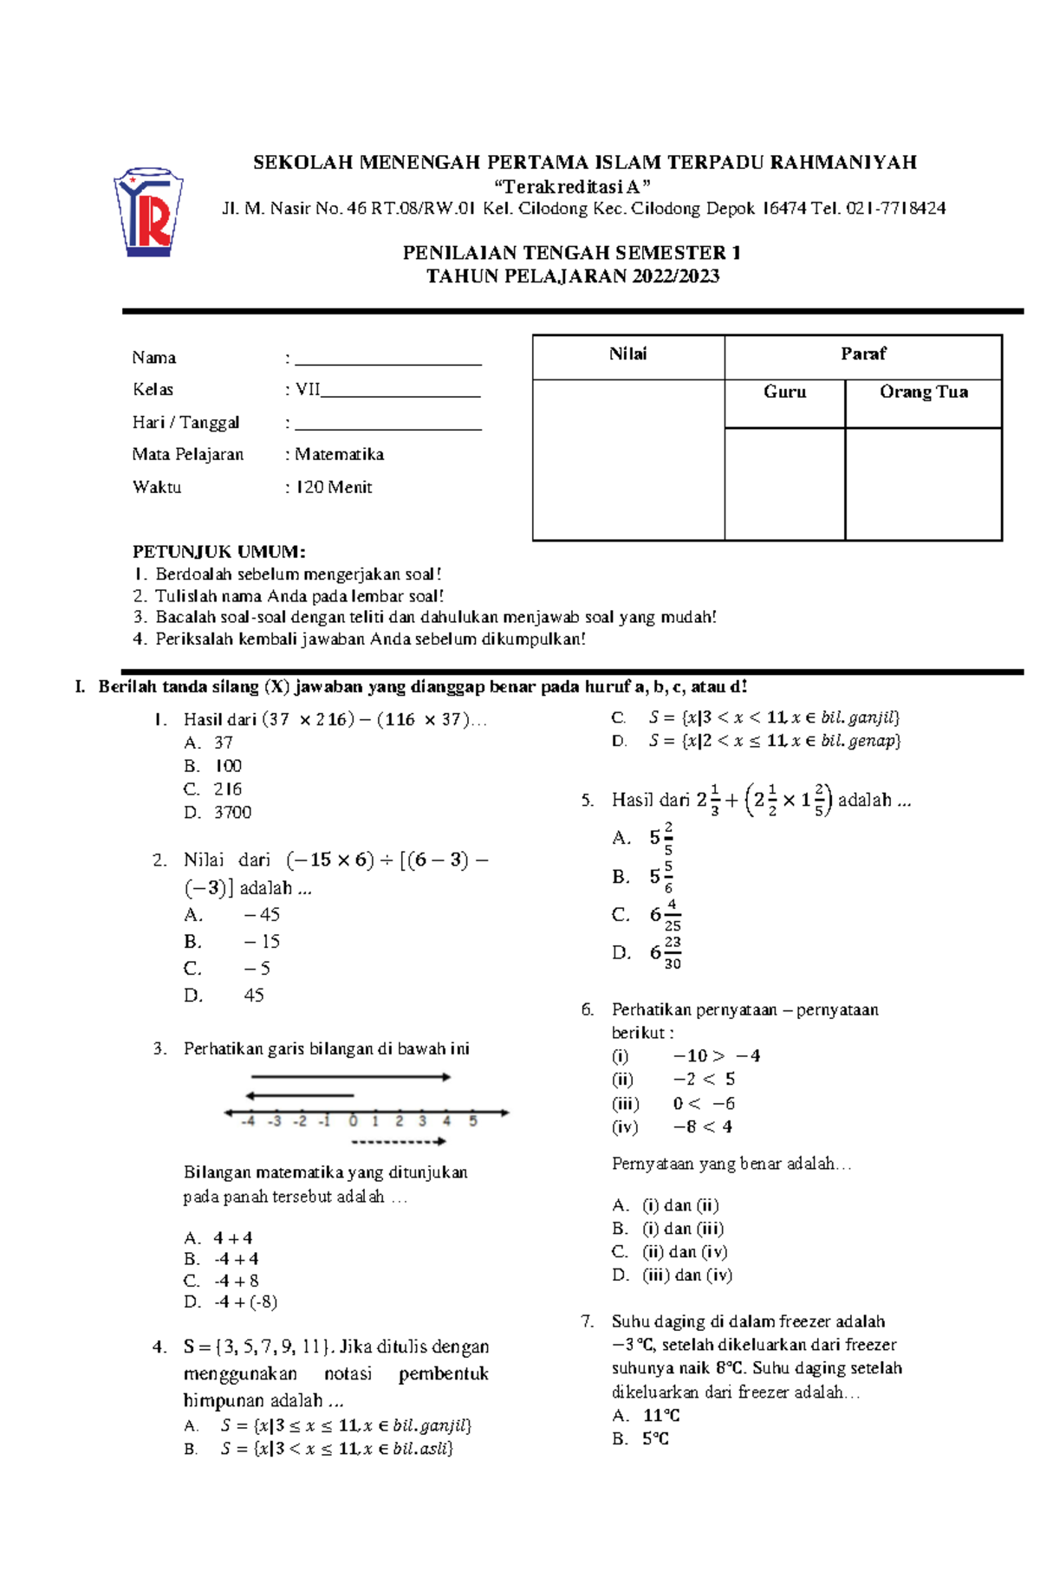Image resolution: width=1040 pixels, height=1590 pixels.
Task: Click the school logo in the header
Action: [148, 212]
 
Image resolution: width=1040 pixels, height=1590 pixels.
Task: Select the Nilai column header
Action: [627, 354]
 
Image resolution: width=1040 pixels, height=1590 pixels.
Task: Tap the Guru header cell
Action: [784, 393]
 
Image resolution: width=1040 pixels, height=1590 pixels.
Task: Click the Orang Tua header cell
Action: [923, 393]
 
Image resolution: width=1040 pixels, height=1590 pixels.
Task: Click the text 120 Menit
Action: [334, 487]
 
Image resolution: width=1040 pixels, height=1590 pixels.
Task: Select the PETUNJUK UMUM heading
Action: [218, 552]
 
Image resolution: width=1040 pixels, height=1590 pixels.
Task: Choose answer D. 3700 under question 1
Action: [218, 813]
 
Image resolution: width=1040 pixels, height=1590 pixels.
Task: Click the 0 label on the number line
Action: [353, 1121]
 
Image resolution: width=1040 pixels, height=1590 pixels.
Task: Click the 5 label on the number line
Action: [472, 1121]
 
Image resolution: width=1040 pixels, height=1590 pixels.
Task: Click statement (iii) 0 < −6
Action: [674, 1104]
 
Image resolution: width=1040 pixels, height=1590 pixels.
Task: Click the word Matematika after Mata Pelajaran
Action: [339, 455]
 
